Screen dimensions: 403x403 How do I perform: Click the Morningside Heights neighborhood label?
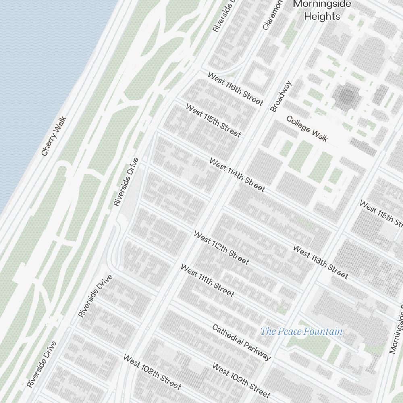coord(322,10)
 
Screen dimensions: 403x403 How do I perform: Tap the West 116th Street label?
coord(235,89)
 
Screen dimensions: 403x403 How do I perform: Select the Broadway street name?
coord(281,96)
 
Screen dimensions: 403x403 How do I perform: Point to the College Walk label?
coord(307,129)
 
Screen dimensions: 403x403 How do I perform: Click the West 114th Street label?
coord(237,175)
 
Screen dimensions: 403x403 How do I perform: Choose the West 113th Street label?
coord(320,262)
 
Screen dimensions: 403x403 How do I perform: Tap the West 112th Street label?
coord(221,248)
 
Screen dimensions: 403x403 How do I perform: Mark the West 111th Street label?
coord(207,280)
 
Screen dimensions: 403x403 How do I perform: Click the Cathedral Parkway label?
coord(241,342)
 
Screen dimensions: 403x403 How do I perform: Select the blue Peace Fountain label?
coord(301,332)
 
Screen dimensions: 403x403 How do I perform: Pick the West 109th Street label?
coord(241,381)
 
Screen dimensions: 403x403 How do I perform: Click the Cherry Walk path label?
coord(53,137)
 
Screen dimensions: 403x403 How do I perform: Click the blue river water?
coord(40,81)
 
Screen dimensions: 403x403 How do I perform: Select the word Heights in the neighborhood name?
coord(322,17)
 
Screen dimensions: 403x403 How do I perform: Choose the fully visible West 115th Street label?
coord(213,120)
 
